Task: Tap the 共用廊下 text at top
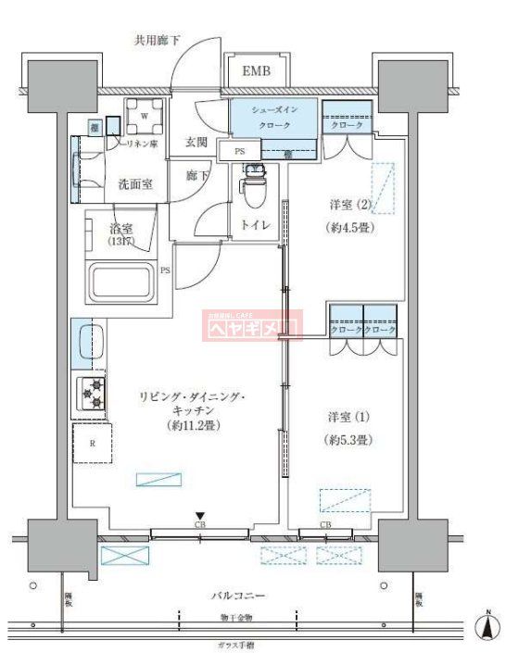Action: tap(157, 41)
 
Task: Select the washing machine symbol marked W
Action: tap(145, 116)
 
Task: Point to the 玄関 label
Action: tap(196, 142)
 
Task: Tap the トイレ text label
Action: tap(256, 224)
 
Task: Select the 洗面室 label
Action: tap(134, 183)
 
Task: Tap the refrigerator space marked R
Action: tap(92, 444)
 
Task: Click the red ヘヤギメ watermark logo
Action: tap(252, 325)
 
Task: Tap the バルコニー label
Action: tap(240, 596)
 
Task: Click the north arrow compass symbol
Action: tap(484, 628)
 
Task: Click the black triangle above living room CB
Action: tap(199, 517)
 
